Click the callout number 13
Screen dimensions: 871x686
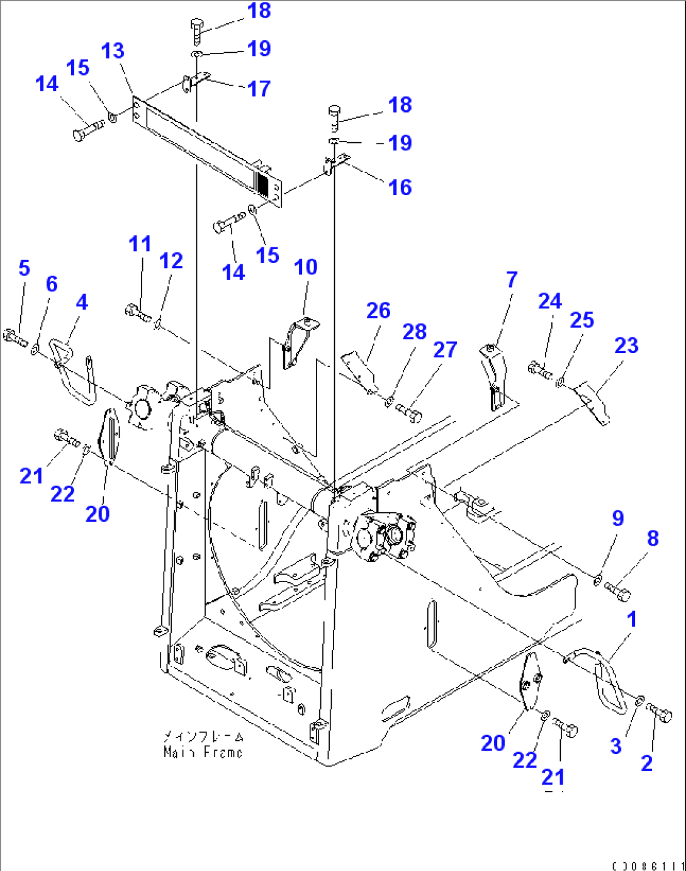(113, 51)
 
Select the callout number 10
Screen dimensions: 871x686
(306, 267)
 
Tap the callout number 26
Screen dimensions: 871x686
(378, 310)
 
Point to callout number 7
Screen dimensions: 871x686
(512, 279)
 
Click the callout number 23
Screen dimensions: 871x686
(626, 345)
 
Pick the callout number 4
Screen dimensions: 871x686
(82, 302)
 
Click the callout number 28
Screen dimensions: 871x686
(414, 332)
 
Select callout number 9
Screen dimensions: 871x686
(617, 518)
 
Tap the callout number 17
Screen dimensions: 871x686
(259, 89)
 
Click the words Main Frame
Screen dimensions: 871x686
(203, 751)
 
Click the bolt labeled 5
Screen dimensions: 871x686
(15, 338)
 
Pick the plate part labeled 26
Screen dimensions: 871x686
(360, 371)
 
